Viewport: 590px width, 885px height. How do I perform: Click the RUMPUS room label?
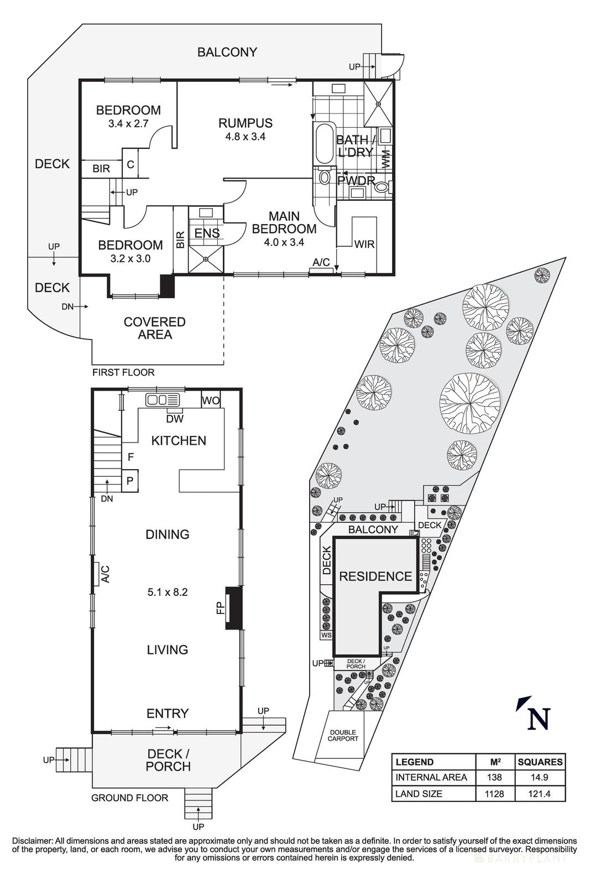tap(245, 123)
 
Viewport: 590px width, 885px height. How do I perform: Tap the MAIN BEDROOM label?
tap(284, 222)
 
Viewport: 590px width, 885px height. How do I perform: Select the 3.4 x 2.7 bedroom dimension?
tap(128, 123)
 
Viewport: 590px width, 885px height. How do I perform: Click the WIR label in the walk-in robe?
tap(364, 244)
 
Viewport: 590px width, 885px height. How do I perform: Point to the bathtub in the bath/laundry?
tap(324, 143)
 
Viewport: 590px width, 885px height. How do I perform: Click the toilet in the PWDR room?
tap(381, 188)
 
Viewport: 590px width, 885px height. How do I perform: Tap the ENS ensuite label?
tap(207, 233)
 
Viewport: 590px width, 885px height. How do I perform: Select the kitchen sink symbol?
tap(163, 399)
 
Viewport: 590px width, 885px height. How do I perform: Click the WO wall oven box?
tap(210, 400)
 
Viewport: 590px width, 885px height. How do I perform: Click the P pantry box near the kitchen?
tap(130, 481)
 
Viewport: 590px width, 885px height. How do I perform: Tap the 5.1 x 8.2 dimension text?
tap(168, 592)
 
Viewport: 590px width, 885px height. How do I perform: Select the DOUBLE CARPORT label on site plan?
tap(343, 735)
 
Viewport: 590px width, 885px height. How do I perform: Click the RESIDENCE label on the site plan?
tap(375, 576)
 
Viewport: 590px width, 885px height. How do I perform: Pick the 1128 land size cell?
tap(494, 794)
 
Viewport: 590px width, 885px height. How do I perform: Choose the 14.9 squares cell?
tap(540, 777)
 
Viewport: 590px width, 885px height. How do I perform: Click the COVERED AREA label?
tap(154, 328)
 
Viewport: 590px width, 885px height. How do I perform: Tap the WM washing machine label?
tap(385, 159)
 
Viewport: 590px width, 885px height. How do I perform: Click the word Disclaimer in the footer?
tap(32, 841)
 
